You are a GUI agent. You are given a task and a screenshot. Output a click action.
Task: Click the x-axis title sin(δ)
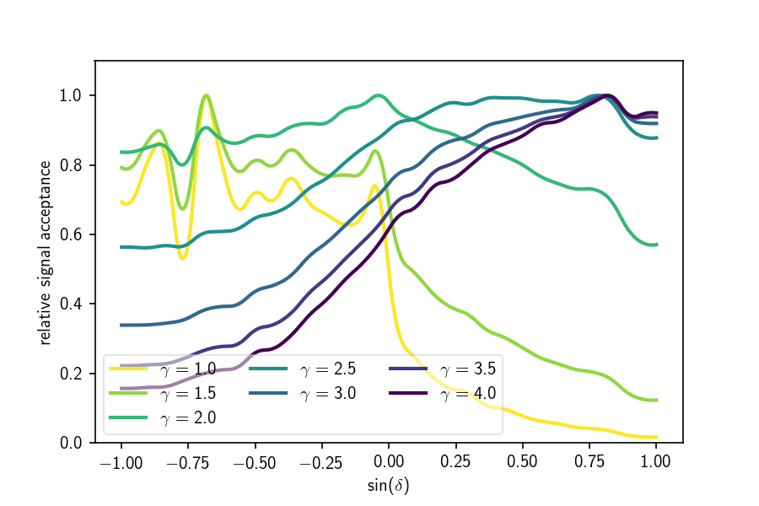pos(389,487)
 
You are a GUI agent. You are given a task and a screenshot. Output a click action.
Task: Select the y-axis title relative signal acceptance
pos(45,252)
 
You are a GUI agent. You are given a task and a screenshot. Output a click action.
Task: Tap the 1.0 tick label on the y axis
pos(70,95)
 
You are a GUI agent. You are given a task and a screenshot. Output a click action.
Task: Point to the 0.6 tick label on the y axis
pos(70,234)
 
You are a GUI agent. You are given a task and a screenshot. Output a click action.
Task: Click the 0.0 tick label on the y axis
pos(70,443)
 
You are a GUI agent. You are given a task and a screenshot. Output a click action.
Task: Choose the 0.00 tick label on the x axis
pos(389,462)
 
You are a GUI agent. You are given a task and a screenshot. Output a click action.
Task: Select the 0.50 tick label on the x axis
pos(522,462)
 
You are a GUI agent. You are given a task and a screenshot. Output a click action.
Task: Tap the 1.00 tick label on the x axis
pos(655,462)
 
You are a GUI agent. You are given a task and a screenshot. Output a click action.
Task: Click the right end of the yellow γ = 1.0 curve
pos(656,437)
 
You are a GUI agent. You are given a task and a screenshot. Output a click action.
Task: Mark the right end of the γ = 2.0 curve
pos(656,245)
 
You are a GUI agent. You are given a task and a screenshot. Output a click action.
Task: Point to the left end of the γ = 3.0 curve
pos(121,325)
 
